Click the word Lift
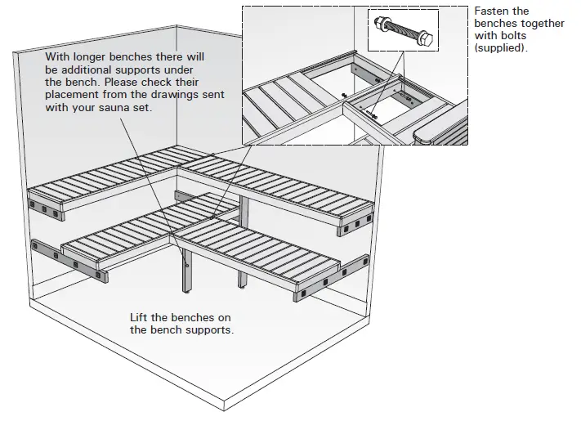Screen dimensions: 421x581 pyautogui.click(x=140, y=317)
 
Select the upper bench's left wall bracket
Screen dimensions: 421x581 pyautogui.click(x=47, y=208)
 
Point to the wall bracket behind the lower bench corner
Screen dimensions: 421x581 pyautogui.click(x=185, y=200)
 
